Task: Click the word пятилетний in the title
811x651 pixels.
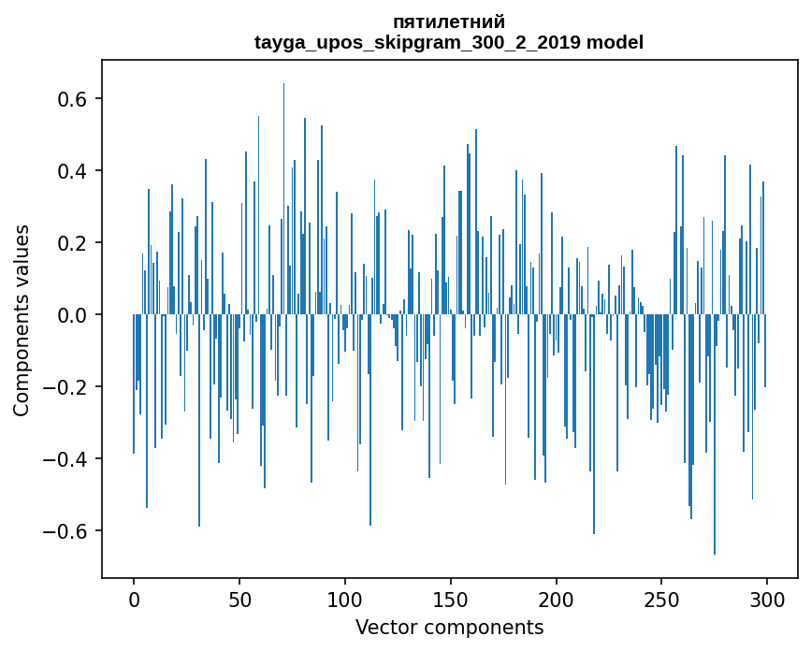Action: click(449, 22)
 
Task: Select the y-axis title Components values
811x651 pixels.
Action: click(22, 320)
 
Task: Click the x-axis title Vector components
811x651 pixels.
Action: click(449, 627)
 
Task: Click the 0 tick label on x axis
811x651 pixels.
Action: click(134, 599)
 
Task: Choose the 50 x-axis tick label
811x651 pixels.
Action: click(239, 599)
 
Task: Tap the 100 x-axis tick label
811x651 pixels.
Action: click(345, 599)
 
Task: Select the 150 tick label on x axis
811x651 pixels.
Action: click(451, 599)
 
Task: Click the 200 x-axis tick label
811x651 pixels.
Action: click(557, 599)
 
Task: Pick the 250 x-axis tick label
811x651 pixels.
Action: click(662, 599)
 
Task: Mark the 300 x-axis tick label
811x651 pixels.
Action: click(767, 599)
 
